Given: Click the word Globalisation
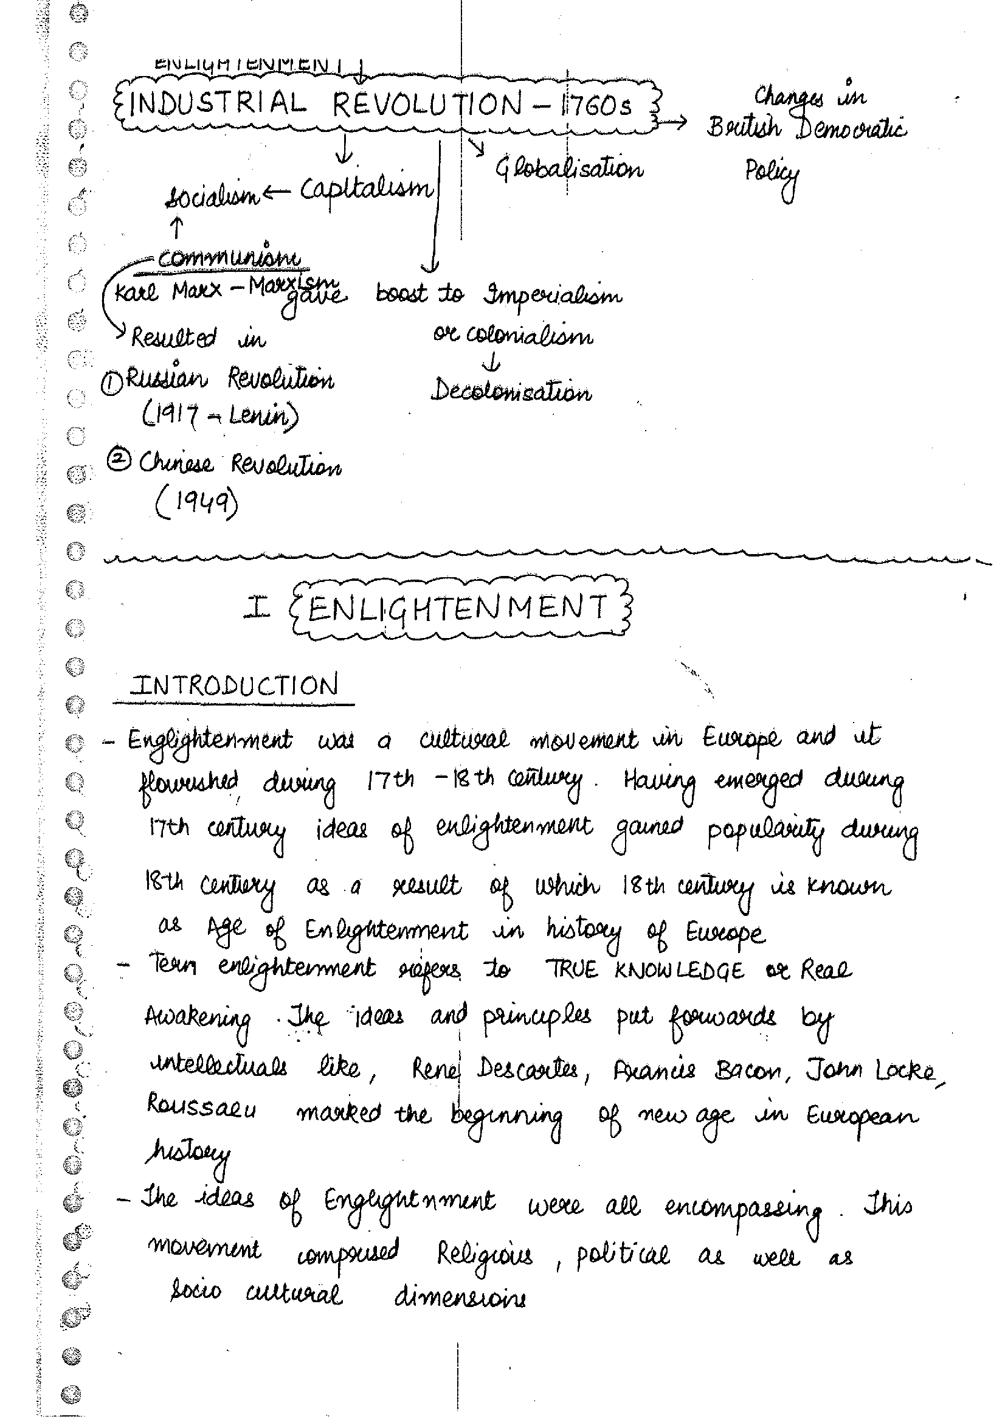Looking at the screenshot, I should (569, 168).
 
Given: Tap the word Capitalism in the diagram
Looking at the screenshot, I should (367, 189).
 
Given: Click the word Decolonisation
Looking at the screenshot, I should (511, 391).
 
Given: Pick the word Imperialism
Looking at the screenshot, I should (553, 296).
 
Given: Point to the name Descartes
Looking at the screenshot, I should (528, 1069).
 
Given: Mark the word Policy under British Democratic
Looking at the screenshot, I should (771, 174).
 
